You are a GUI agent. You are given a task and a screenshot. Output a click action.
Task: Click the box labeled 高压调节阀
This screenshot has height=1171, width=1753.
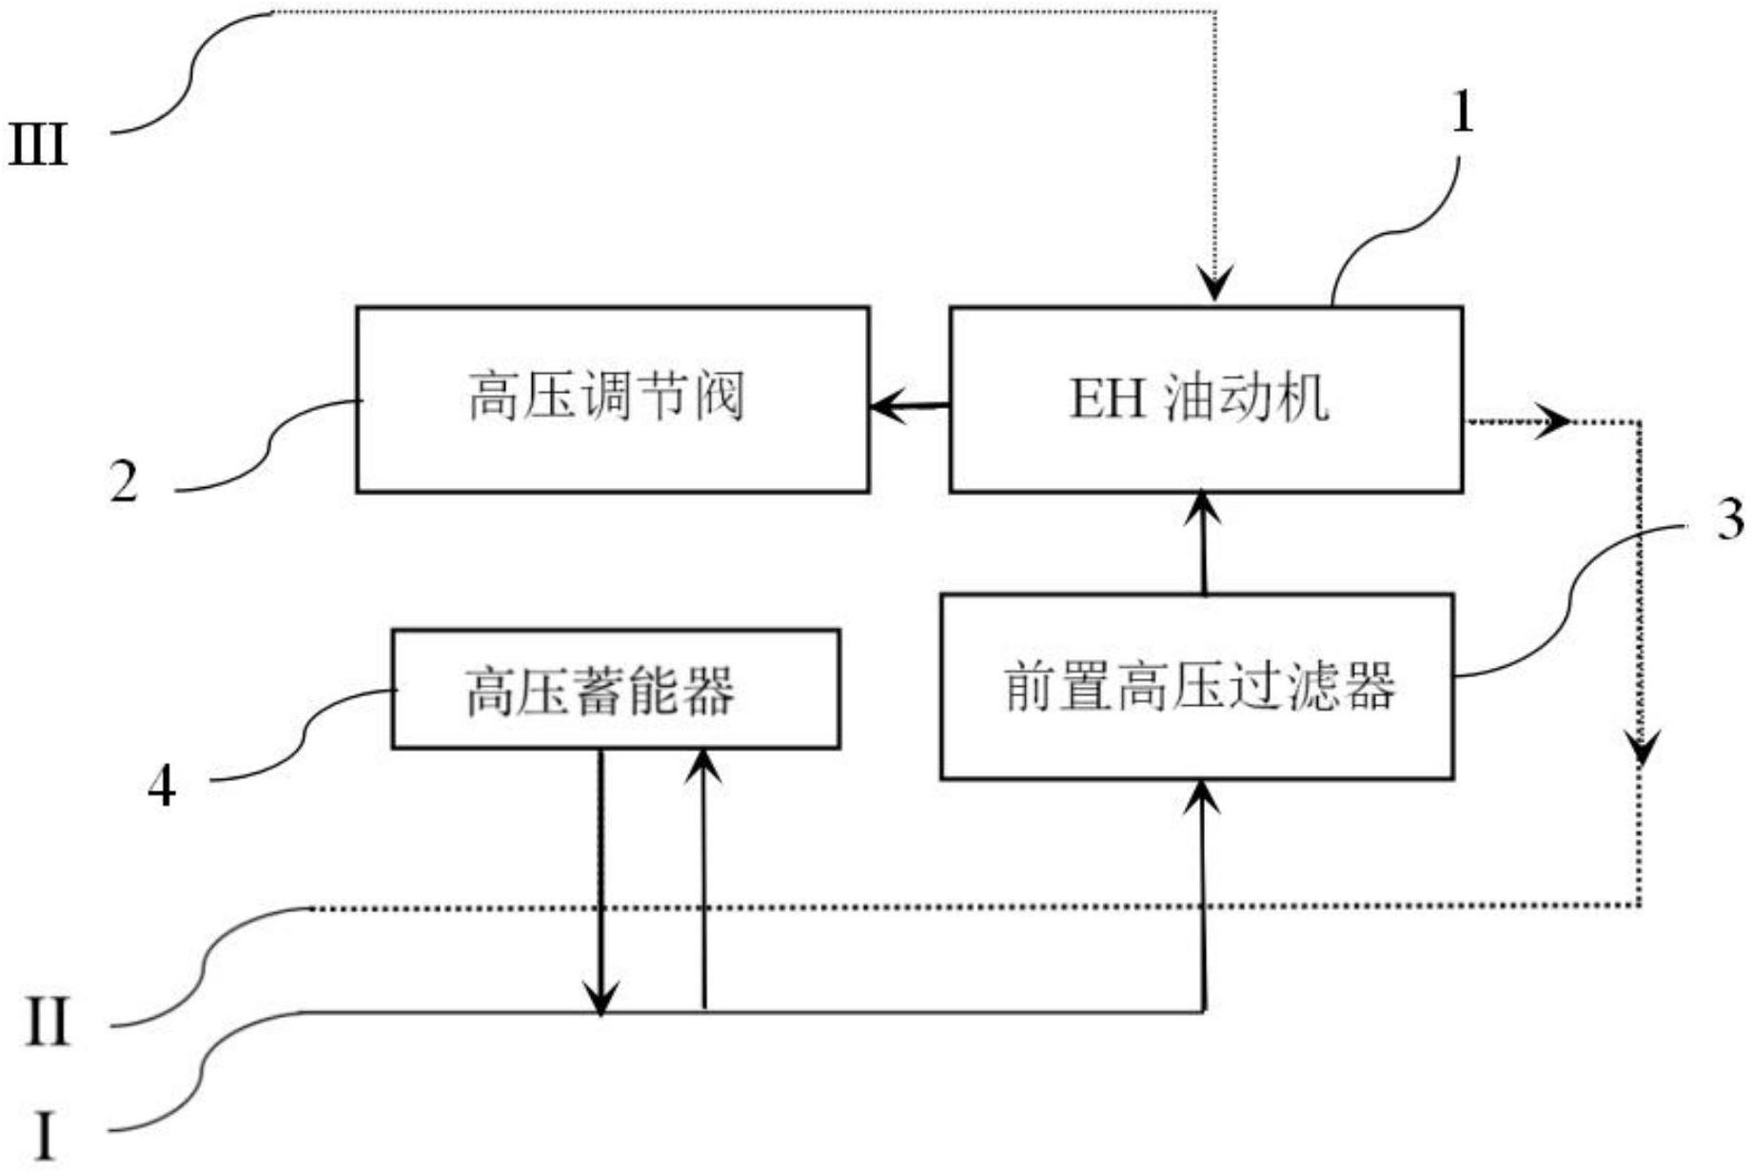pyautogui.click(x=612, y=399)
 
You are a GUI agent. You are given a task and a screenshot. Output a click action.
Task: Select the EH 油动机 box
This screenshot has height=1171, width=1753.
pyautogui.click(x=1206, y=399)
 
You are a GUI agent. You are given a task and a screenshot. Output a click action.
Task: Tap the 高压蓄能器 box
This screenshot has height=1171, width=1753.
pyautogui.click(x=615, y=689)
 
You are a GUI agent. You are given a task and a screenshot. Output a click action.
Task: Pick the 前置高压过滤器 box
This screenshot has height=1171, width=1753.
pyautogui.click(x=1196, y=686)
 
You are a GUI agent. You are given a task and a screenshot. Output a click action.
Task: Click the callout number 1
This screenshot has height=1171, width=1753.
pyautogui.click(x=1461, y=113)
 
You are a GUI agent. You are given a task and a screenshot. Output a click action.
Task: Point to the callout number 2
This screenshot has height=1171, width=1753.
pyautogui.click(x=124, y=481)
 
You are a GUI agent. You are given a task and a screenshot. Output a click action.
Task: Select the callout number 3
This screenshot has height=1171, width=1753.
pyautogui.click(x=1729, y=520)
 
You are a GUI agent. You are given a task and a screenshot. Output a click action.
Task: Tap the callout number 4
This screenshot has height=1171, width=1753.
pyautogui.click(x=162, y=787)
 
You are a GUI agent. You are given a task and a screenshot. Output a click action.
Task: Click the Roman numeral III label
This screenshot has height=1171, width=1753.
pyautogui.click(x=38, y=147)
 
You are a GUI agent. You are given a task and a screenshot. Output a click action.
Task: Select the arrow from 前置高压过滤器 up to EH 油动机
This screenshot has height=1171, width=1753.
pyautogui.click(x=1205, y=542)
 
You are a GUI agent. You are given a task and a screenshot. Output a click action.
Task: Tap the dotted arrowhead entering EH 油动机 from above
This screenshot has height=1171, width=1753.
pyautogui.click(x=1215, y=284)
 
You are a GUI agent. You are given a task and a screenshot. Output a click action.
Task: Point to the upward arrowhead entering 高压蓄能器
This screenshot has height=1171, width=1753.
pyautogui.click(x=703, y=764)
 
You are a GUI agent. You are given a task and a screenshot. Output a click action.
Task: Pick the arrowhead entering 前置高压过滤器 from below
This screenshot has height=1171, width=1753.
pyautogui.click(x=1205, y=795)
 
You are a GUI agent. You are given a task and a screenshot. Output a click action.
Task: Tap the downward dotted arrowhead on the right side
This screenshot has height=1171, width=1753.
pyautogui.click(x=1641, y=749)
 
